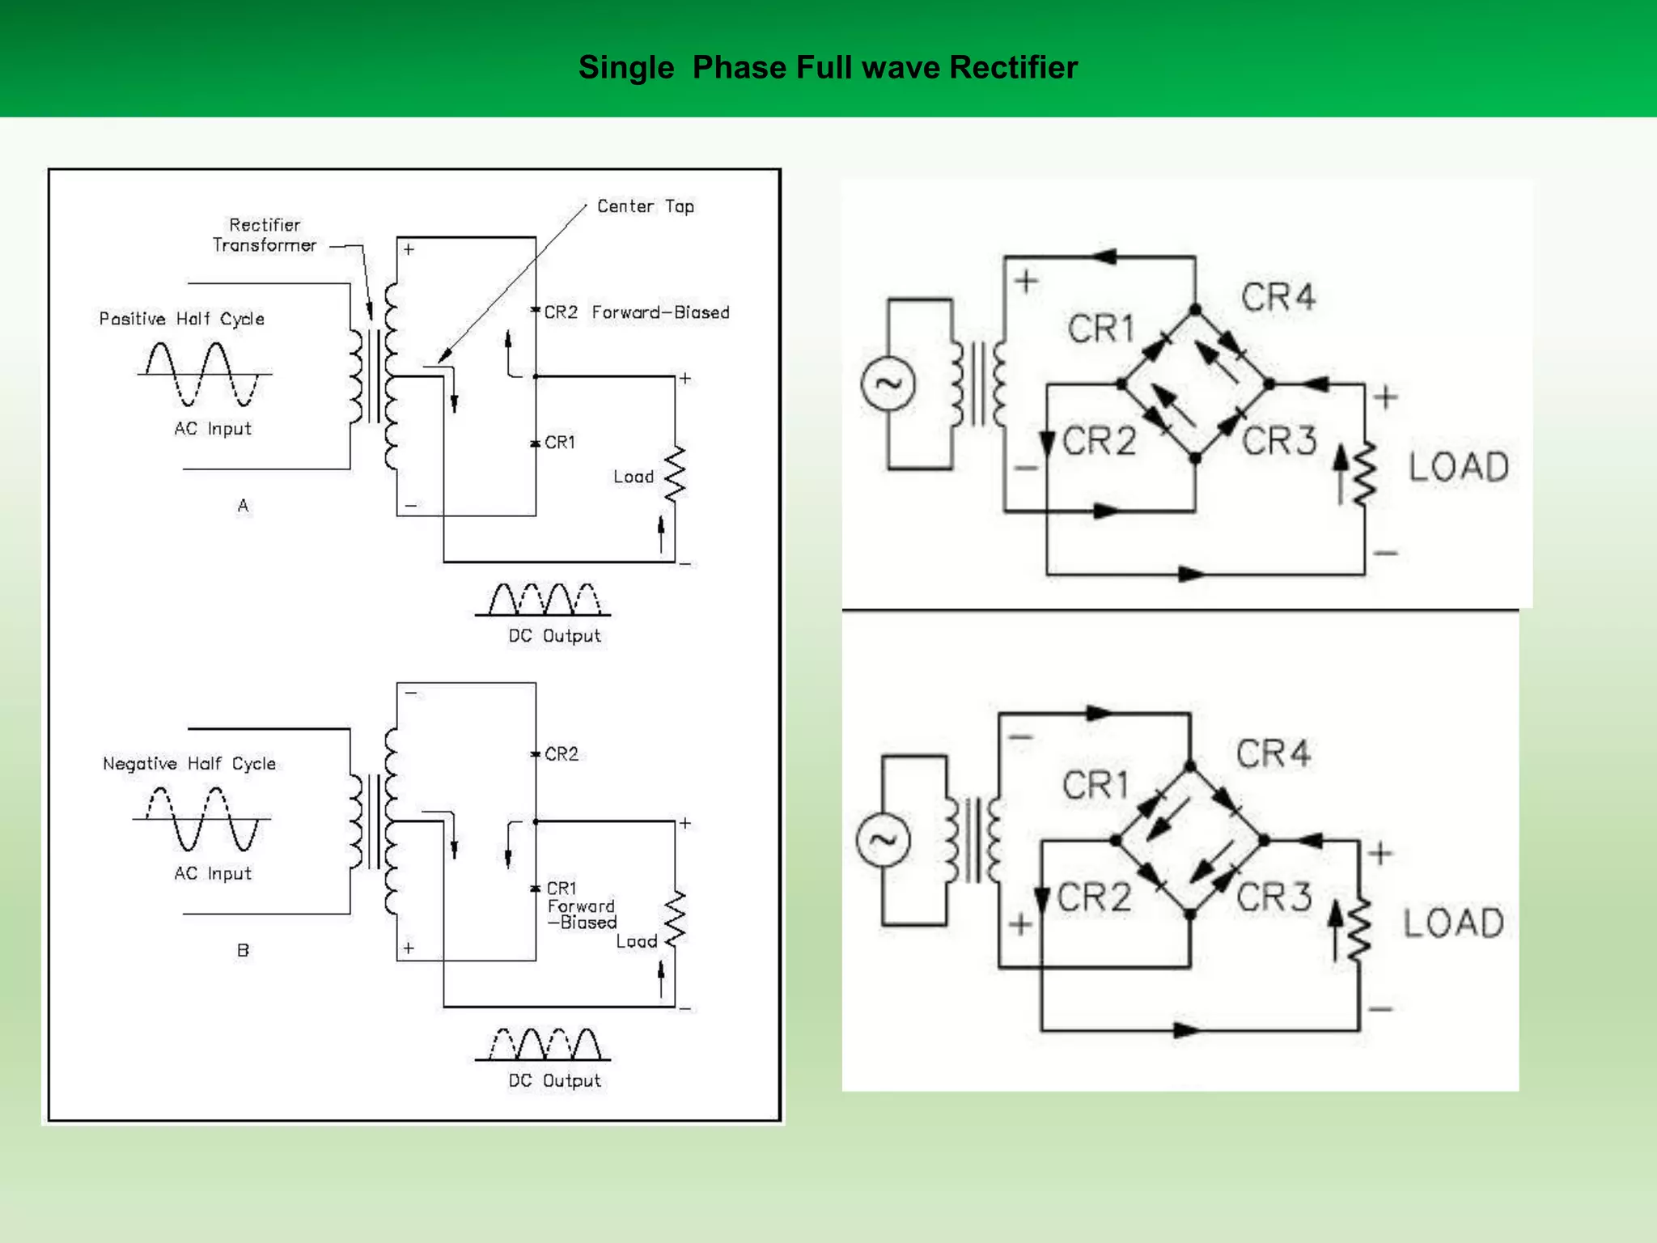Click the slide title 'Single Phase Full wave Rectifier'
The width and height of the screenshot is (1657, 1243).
point(828,67)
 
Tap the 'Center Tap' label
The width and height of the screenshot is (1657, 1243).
point(645,206)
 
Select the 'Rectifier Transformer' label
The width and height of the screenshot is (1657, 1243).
point(264,235)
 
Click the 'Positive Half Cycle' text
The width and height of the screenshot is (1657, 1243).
point(181,318)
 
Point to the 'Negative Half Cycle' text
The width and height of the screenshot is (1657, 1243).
point(189,763)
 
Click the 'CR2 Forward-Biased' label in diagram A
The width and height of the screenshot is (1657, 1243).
point(636,312)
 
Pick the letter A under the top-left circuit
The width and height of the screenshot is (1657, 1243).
point(243,506)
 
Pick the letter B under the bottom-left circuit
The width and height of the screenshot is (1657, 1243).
point(243,950)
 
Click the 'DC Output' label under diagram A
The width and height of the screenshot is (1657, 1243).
point(554,636)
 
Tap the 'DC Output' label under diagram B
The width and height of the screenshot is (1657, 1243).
point(554,1080)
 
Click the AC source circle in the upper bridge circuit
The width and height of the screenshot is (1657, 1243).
point(888,384)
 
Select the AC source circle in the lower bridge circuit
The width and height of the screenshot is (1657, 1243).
point(883,840)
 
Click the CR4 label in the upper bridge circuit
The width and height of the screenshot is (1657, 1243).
point(1278,297)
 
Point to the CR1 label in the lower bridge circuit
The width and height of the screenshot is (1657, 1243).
point(1095,785)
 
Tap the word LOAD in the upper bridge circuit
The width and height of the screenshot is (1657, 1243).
point(1459,467)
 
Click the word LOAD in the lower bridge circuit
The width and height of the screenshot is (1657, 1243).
point(1453,923)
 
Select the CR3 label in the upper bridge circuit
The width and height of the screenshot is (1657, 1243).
point(1279,442)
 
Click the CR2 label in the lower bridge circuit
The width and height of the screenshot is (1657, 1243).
point(1094,897)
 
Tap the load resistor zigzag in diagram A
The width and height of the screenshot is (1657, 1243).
point(675,473)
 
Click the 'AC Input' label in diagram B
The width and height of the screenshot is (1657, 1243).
point(213,873)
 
